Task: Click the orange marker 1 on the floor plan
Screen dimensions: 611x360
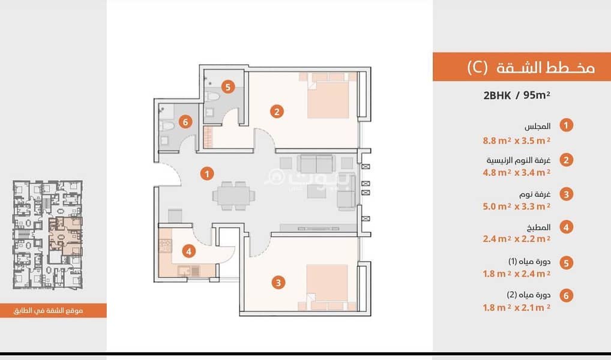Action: pyautogui.click(x=207, y=174)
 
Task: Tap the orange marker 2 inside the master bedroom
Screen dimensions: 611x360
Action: pyautogui.click(x=277, y=112)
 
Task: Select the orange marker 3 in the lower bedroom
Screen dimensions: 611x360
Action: pyautogui.click(x=278, y=283)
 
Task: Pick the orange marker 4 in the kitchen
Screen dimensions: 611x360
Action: pyautogui.click(x=188, y=251)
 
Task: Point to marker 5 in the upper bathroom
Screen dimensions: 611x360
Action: pyautogui.click(x=228, y=86)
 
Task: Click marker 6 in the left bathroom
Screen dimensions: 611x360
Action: pyautogui.click(x=185, y=122)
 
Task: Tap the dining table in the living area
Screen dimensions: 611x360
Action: pyautogui.click(x=234, y=196)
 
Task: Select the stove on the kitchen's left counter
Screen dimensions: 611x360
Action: pyautogui.click(x=165, y=246)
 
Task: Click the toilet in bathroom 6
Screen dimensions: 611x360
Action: pyautogui.click(x=166, y=126)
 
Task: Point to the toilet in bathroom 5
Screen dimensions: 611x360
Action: pyautogui.click(x=212, y=96)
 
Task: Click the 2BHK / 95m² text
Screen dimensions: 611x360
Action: pyautogui.click(x=517, y=95)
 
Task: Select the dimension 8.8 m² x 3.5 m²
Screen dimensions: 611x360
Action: pyautogui.click(x=517, y=140)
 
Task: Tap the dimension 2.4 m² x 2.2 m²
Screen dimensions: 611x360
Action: pyautogui.click(x=517, y=239)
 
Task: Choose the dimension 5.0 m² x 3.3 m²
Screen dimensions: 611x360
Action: pyautogui.click(x=517, y=206)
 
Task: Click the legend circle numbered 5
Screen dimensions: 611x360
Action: pyautogui.click(x=566, y=263)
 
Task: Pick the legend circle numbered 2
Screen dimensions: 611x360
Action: pyautogui.click(x=566, y=160)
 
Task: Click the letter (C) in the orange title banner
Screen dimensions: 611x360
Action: pyautogui.click(x=477, y=67)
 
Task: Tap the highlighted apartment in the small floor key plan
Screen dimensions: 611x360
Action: pyautogui.click(x=65, y=236)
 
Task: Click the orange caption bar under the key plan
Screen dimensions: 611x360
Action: pyautogui.click(x=53, y=311)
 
